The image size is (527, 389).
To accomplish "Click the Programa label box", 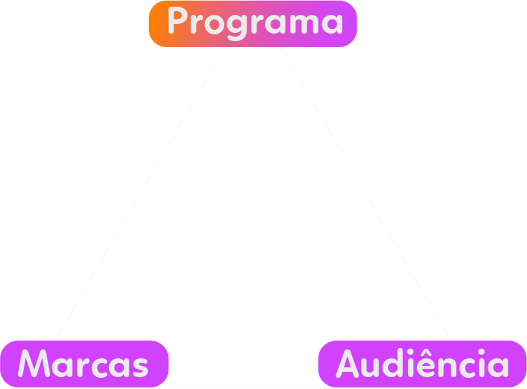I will [253, 23].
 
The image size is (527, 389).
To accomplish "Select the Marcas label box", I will [84, 364].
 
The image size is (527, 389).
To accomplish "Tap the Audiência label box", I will [422, 364].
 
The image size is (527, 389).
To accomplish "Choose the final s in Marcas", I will [139, 366].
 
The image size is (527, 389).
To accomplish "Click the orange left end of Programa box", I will [157, 23].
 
